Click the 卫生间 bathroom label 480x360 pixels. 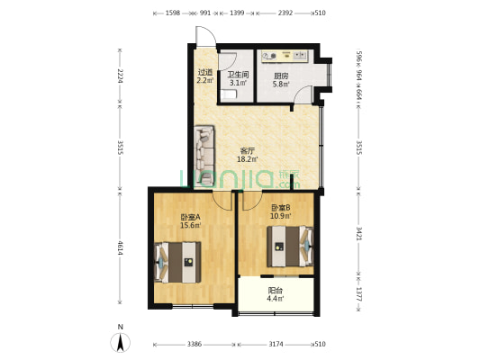[238, 75]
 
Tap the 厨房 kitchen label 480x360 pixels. [281, 76]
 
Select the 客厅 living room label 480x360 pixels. [248, 151]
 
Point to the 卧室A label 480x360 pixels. [190, 217]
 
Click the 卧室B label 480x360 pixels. [281, 208]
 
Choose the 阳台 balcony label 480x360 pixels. [276, 291]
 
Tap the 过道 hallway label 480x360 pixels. [205, 73]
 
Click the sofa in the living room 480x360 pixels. [204, 156]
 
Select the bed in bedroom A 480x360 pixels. [178, 262]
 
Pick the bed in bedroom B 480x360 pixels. [290, 247]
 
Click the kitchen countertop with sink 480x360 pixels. [285, 57]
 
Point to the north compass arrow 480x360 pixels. [121, 342]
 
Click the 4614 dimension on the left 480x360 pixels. [121, 248]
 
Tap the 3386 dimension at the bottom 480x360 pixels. [195, 345]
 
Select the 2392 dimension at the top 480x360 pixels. [285, 13]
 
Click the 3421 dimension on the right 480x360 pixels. [359, 233]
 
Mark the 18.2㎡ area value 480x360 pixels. [248, 159]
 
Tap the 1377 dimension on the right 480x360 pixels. [359, 294]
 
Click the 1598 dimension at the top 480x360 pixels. [173, 13]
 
